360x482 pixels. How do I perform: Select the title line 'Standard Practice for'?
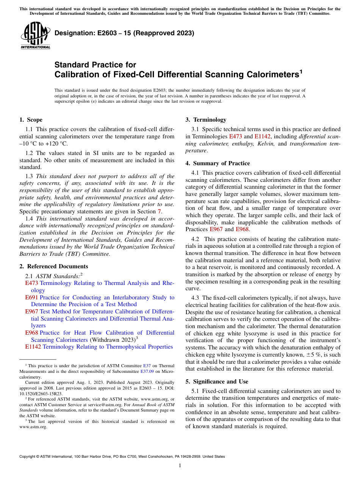click(95, 65)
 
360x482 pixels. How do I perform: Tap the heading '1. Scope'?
click(31, 120)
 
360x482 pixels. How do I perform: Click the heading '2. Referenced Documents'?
click(53, 266)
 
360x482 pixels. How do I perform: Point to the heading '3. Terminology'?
click(206, 120)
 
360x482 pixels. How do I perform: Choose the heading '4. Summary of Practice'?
click(218, 163)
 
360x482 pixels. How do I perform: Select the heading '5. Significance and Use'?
click(219, 382)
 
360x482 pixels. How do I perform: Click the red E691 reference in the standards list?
click(31, 297)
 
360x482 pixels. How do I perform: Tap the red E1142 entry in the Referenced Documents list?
click(33, 346)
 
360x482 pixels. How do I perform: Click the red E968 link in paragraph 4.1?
click(242, 229)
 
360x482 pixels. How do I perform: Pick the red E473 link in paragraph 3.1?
click(236, 136)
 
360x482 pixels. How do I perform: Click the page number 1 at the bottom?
click(180, 466)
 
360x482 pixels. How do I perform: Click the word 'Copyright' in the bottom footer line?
click(28, 457)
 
